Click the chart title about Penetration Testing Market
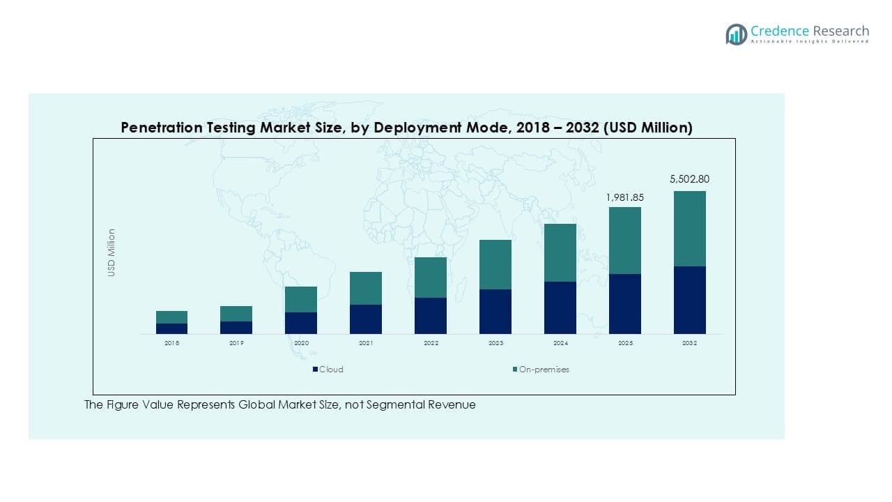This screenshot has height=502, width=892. [406, 128]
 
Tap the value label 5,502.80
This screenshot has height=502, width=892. [689, 179]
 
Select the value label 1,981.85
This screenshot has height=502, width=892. [625, 197]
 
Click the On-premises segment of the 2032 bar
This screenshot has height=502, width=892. [689, 229]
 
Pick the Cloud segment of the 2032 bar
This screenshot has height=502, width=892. [689, 300]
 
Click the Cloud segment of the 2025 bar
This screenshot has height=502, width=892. [625, 304]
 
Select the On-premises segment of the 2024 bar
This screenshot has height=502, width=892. [560, 252]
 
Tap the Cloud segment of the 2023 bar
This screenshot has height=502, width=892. [495, 312]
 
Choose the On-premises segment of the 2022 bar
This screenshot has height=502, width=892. [431, 277]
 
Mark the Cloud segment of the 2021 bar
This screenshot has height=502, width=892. [366, 319]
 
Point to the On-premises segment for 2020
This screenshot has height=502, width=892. [301, 299]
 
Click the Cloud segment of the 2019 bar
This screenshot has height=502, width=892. [236, 328]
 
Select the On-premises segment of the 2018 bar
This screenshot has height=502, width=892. [171, 317]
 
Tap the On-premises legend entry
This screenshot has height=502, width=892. [540, 370]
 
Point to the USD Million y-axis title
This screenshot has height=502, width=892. [111, 252]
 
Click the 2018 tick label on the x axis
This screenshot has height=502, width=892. [171, 344]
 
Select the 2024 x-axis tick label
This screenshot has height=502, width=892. [560, 344]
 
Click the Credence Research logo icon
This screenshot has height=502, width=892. [736, 34]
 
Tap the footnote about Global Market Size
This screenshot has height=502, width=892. [280, 405]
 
